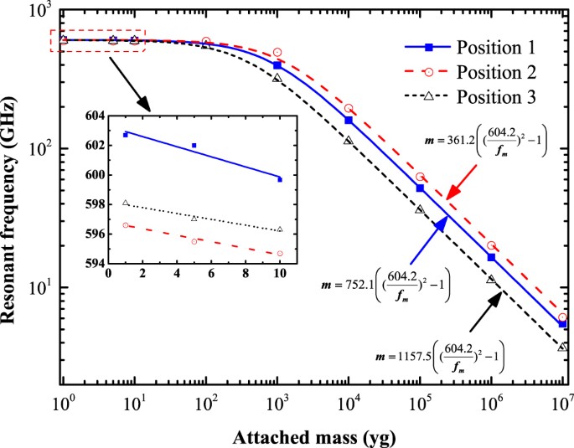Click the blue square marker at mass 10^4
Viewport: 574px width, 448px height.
pyautogui.click(x=349, y=121)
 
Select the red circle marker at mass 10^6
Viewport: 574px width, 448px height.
pyautogui.click(x=491, y=245)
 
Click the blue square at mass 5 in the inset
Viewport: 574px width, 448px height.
pyautogui.click(x=194, y=145)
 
